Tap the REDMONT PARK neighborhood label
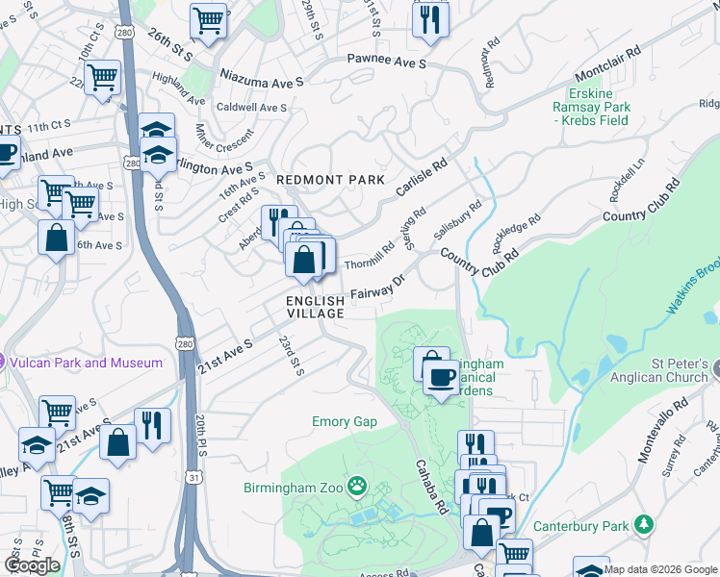point(330,180)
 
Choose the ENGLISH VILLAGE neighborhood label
point(315,308)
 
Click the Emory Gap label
point(344,421)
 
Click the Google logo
point(32,564)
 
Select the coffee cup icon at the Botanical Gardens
point(441,376)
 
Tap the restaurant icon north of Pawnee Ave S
point(429,18)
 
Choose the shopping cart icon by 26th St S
point(207,19)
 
